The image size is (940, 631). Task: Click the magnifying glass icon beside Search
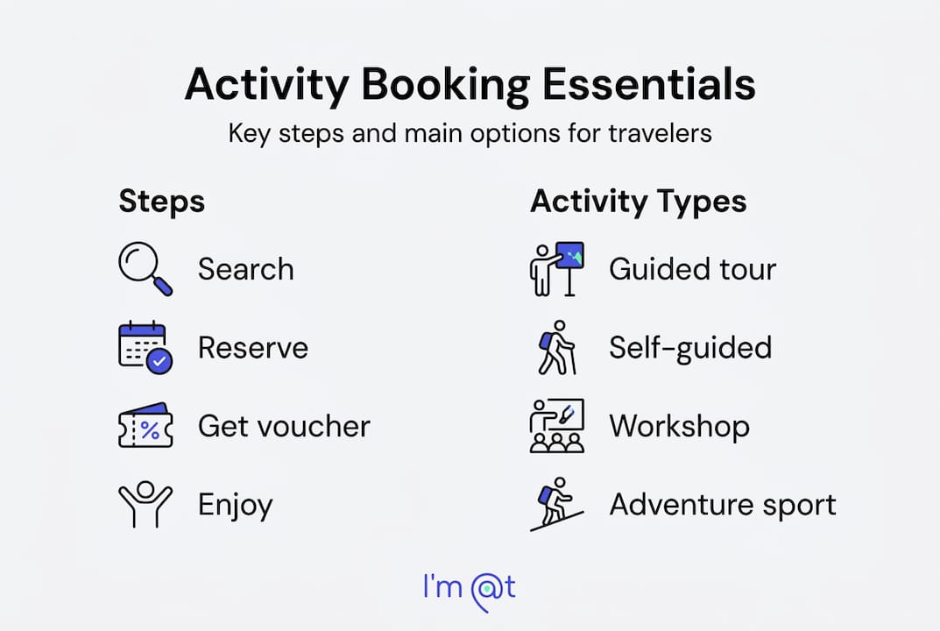(x=145, y=269)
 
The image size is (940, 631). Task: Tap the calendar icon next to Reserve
(x=145, y=347)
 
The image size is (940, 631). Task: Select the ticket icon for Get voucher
(x=145, y=427)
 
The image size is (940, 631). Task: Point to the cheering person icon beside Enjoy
(x=145, y=505)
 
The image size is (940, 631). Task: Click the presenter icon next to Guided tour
(x=556, y=269)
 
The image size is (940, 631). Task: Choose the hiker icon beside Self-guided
(x=556, y=347)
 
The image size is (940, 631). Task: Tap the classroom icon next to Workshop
(x=556, y=426)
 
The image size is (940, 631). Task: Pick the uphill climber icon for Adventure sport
(x=556, y=505)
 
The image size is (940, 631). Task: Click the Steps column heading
(x=161, y=202)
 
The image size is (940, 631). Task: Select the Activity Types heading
(x=638, y=202)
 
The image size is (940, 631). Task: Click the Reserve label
(x=252, y=348)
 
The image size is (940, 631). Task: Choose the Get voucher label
(x=284, y=427)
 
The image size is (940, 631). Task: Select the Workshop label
(x=679, y=427)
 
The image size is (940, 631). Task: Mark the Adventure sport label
(x=722, y=505)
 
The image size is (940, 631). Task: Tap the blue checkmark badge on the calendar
(x=159, y=361)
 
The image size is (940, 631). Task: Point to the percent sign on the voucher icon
(x=150, y=430)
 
